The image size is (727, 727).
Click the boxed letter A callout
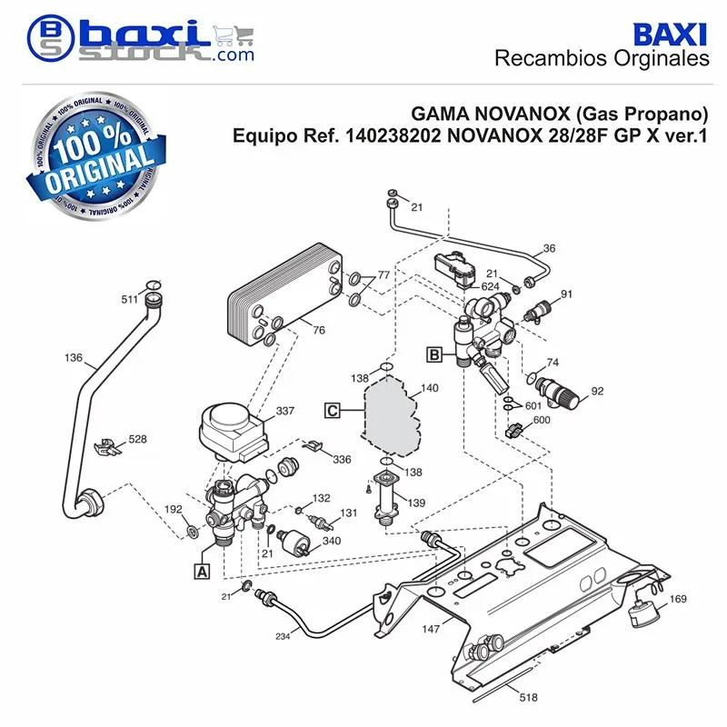coord(202,572)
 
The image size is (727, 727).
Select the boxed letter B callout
coord(434,354)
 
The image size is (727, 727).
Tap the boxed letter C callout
coord(333,411)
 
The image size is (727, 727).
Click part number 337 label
coord(285,411)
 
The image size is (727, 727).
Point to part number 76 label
coord(319,330)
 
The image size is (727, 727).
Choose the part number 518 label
coord(529,697)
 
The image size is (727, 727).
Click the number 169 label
coord(678,599)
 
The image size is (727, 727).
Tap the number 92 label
coord(598,391)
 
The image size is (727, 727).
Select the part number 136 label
coord(74,357)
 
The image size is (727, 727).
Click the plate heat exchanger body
coord(285,294)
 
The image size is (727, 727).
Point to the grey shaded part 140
coord(392,415)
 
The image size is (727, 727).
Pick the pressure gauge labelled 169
coord(639,612)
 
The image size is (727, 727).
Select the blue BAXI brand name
coord(670,35)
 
